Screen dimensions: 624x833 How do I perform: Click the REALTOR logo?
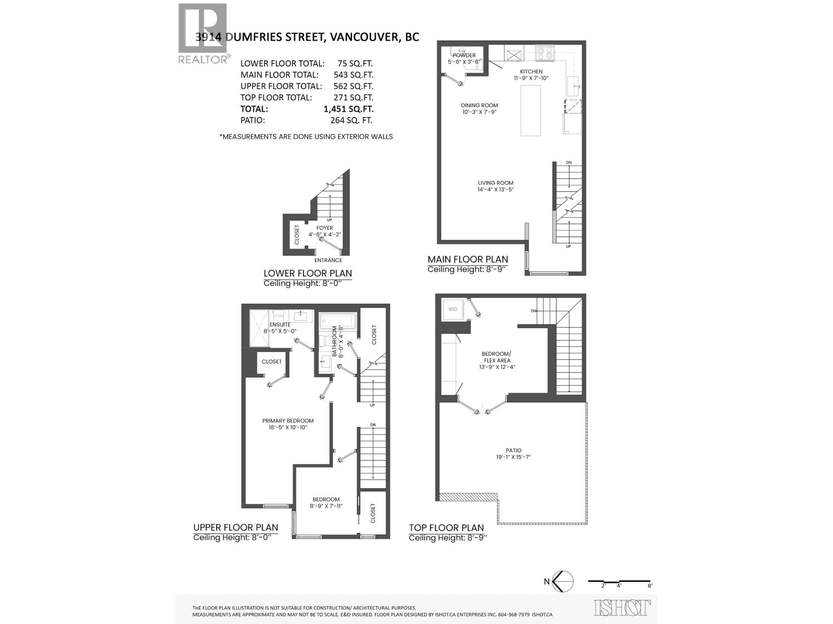pos(203,33)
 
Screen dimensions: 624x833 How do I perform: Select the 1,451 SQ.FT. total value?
pos(348,109)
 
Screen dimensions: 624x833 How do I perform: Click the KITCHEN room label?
pos(531,72)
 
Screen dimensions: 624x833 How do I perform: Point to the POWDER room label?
pos(464,55)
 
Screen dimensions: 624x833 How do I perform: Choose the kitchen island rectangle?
pos(531,110)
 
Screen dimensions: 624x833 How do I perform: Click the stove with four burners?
pos(545,53)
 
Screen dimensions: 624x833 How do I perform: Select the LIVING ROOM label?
pos(496,183)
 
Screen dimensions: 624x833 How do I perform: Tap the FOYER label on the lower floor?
pos(324,228)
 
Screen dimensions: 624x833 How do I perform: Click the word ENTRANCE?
pos(328,261)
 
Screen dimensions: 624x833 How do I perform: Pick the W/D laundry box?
pos(453,310)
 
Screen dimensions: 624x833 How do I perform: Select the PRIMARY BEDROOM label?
pos(288,421)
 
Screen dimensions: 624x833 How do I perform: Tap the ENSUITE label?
pos(280,324)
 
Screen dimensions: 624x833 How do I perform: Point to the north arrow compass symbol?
pos(562,581)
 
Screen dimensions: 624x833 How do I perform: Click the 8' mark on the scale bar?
pos(650,586)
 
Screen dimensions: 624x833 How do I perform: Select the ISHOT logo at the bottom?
pos(622,608)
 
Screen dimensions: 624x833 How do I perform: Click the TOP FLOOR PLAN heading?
pos(446,528)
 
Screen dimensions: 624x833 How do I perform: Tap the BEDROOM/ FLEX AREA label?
pos(496,357)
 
